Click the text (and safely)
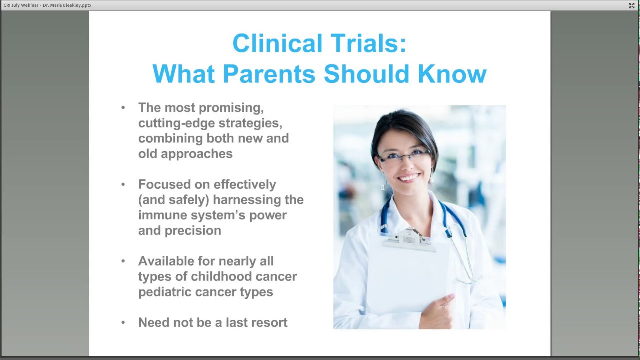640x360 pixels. click(x=173, y=200)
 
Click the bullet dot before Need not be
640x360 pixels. click(x=123, y=323)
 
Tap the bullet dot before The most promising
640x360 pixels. click(x=123, y=108)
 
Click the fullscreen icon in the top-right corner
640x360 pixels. click(x=632, y=5)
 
